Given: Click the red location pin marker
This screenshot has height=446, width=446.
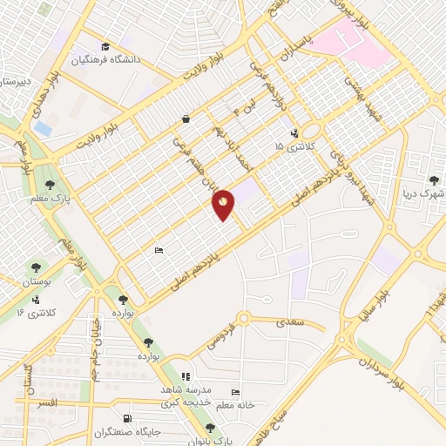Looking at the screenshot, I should tap(224, 204).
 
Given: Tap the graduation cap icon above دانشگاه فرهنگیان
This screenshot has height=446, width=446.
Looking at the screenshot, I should tap(105, 47).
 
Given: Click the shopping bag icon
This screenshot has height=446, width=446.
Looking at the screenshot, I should tap(186, 118).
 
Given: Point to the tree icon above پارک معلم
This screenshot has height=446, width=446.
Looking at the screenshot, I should tap(51, 184).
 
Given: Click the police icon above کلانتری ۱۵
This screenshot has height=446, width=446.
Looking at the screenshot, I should tap(294, 133).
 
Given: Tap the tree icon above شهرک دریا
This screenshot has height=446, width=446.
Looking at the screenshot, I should tap(433, 180).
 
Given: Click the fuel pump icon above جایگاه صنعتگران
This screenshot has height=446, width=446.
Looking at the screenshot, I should tap(128, 418).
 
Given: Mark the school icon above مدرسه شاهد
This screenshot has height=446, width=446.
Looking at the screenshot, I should tap(185, 376).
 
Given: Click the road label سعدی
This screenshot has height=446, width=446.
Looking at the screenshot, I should tap(289, 323).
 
